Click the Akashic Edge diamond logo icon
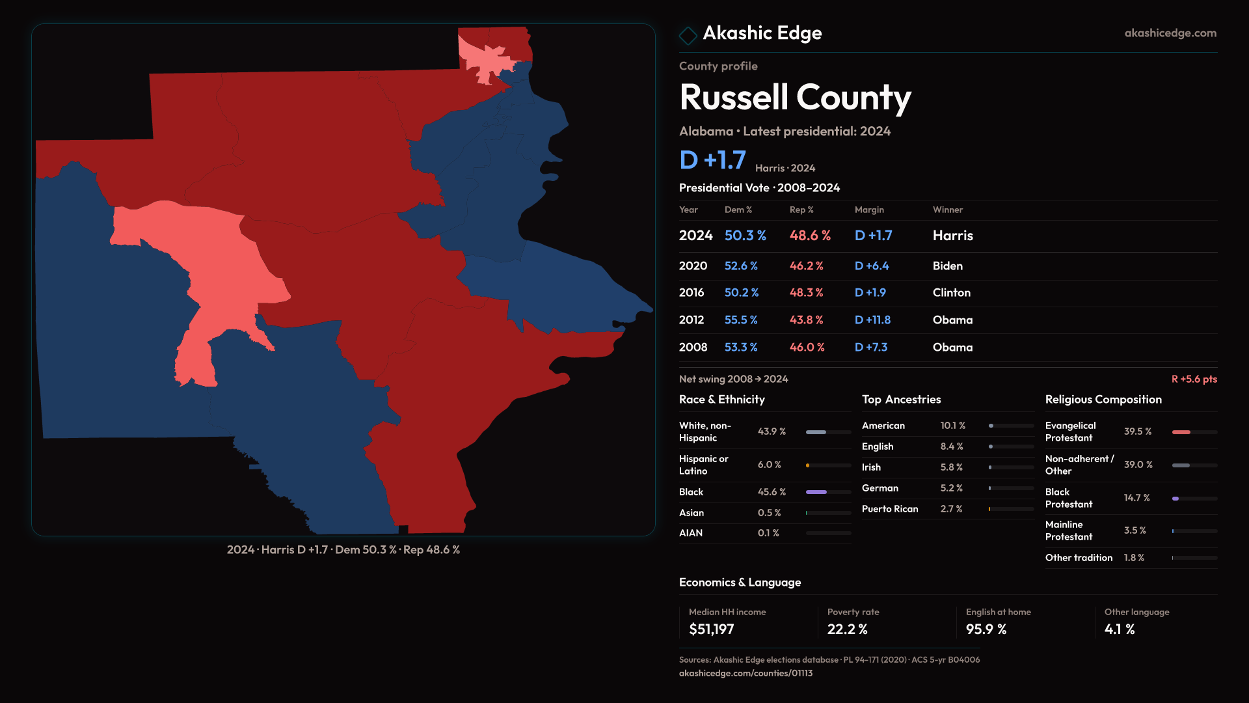click(x=688, y=35)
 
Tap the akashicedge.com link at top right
click(x=1170, y=33)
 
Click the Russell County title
click(x=795, y=98)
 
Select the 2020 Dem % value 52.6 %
click(x=741, y=266)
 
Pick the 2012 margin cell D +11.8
click(x=872, y=320)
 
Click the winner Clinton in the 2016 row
click(x=951, y=293)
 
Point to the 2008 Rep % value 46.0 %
click(x=807, y=348)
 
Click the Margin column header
click(x=869, y=210)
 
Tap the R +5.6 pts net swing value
click(x=1194, y=379)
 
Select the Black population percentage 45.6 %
click(x=772, y=492)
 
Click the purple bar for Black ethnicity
click(x=816, y=492)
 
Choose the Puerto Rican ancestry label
click(x=890, y=509)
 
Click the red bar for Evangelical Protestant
click(x=1181, y=432)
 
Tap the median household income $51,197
click(x=711, y=629)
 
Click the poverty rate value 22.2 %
click(x=847, y=629)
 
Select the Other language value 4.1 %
click(x=1119, y=629)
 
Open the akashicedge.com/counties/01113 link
click(x=745, y=673)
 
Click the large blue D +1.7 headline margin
click(x=712, y=160)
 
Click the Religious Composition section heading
click(x=1103, y=400)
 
